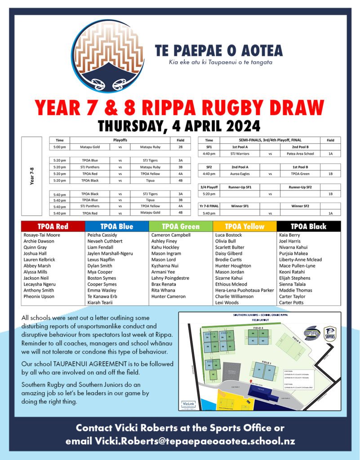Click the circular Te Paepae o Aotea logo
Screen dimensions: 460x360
coord(108,56)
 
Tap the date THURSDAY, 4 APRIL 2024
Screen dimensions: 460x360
coord(179,126)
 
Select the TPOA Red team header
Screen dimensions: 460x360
coord(53,226)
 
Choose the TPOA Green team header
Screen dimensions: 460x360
coord(181,226)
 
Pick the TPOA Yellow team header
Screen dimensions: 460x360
coord(244,226)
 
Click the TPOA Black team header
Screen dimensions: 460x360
coord(308,226)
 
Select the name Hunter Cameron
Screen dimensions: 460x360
coord(168,296)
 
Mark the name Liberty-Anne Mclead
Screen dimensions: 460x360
coord(300,260)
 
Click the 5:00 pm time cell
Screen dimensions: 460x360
coord(59,147)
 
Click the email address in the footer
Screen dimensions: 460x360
coord(195,442)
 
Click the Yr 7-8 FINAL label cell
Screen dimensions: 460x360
coord(209,206)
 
